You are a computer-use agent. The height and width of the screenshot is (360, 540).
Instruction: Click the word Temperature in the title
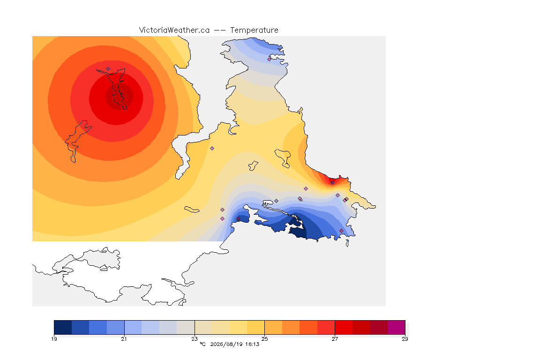coord(254,30)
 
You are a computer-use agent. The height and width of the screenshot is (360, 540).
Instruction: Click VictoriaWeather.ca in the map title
coord(174,30)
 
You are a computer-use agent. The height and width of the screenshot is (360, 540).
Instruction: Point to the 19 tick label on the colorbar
coord(54,339)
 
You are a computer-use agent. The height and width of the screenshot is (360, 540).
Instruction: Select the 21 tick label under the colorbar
coord(124,339)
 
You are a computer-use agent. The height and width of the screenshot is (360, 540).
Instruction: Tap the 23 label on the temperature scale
coord(195,339)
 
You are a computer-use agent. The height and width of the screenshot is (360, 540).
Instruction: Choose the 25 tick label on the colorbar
coord(264,339)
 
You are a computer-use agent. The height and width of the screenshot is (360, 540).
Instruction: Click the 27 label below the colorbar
coord(335,339)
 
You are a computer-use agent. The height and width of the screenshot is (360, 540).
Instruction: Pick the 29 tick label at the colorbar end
coord(405,339)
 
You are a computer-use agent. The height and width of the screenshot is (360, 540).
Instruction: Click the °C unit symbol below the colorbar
coord(202,344)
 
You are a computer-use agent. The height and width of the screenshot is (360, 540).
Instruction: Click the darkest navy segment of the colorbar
coord(63,327)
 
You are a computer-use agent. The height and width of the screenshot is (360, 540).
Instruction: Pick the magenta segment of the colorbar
coord(397,327)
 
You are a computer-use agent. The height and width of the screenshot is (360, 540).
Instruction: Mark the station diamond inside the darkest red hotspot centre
coord(122,94)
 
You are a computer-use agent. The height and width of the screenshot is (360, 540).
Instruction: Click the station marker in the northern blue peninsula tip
coord(270,59)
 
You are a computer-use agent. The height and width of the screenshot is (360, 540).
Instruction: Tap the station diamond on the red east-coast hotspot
coord(332,183)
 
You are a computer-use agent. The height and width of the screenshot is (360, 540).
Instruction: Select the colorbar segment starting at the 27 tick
coord(344,327)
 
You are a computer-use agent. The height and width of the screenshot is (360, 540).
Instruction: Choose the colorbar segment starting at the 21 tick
coord(133,327)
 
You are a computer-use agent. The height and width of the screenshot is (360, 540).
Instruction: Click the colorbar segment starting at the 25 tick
coord(273,327)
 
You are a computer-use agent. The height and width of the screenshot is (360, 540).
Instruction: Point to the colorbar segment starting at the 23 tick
coord(203,327)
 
